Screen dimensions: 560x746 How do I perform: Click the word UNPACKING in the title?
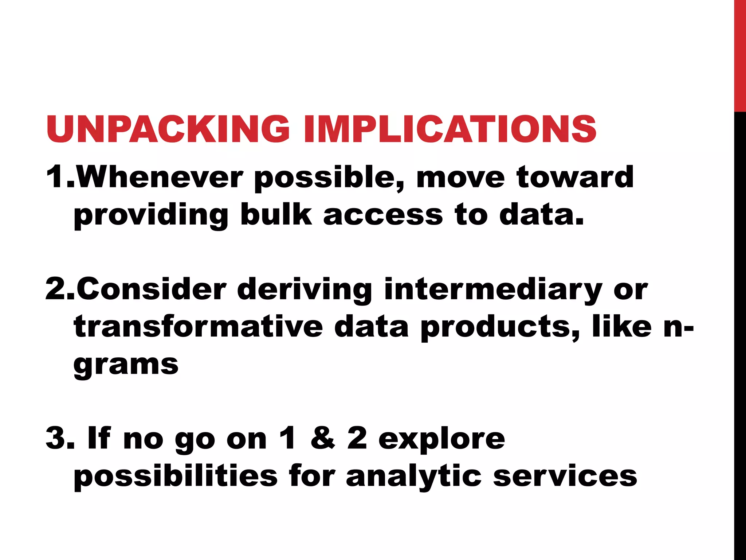168,129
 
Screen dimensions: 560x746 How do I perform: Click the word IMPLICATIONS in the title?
450,129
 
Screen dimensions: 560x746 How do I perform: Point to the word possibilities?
175,477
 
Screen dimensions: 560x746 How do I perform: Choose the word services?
565,476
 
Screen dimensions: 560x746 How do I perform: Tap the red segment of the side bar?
740,55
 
